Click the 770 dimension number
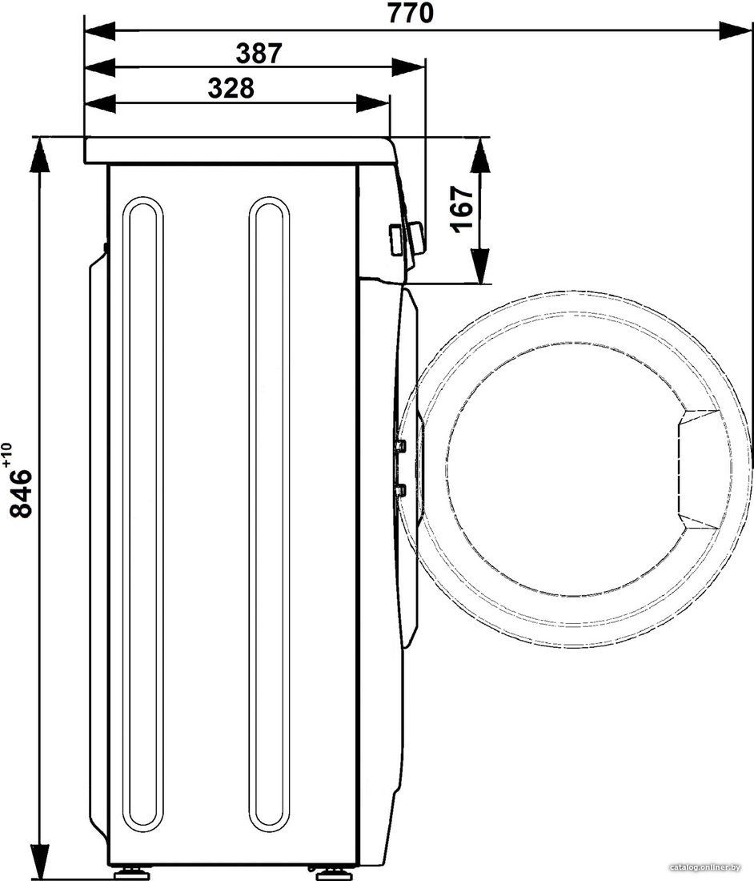411,14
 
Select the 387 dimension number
259,54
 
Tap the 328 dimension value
231,88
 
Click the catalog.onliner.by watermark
704,875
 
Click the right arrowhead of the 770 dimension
735,30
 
